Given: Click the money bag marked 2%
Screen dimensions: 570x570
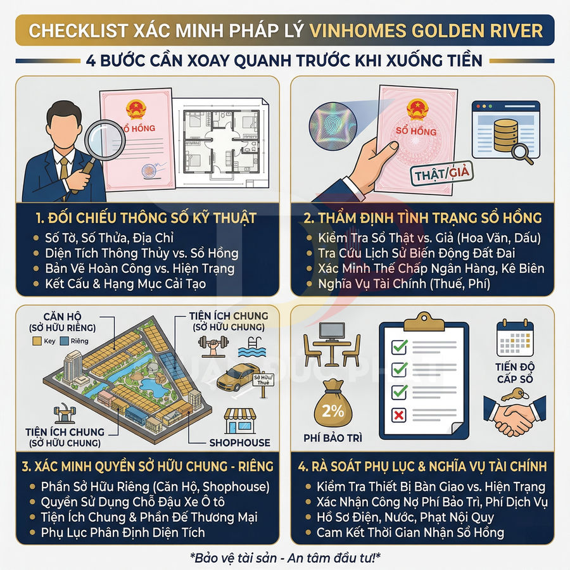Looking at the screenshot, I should (x=333, y=408).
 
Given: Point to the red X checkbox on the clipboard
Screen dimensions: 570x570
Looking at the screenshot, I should (x=400, y=415).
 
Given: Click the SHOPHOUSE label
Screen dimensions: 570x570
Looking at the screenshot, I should (x=239, y=443).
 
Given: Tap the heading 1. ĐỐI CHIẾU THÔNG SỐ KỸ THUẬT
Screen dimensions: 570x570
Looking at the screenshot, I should (x=146, y=218).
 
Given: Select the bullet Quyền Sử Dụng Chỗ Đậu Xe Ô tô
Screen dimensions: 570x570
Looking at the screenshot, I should (x=132, y=502).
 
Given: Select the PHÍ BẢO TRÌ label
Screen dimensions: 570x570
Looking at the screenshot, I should (x=334, y=438).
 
